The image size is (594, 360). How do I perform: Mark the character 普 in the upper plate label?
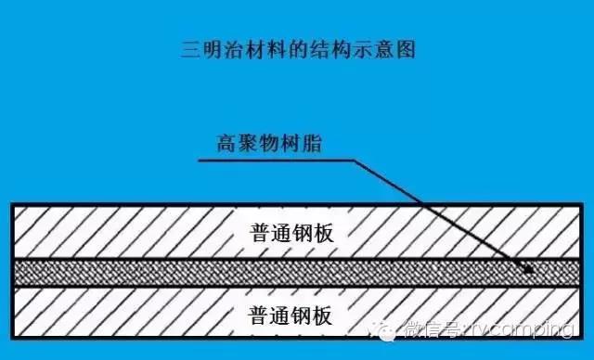[261, 233]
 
